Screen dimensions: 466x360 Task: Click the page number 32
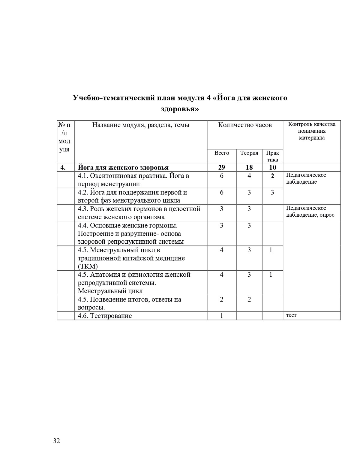click(x=56, y=441)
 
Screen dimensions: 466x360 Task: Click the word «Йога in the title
click(x=224, y=98)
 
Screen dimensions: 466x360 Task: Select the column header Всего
click(x=222, y=153)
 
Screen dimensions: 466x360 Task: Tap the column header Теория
click(x=249, y=153)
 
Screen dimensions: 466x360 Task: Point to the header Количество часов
click(x=245, y=125)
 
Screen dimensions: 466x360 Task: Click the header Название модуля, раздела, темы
click(x=141, y=125)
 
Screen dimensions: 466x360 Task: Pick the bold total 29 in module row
click(x=222, y=167)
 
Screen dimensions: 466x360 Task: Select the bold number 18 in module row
click(x=249, y=167)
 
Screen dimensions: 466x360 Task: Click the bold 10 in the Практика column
click(x=272, y=167)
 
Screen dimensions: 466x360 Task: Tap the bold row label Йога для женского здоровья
click(x=123, y=167)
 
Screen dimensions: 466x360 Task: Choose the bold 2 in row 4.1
click(x=272, y=176)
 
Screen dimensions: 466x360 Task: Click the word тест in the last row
click(x=291, y=315)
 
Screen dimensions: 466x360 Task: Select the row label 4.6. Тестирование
click(x=105, y=316)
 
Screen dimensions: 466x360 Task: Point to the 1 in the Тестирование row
click(x=222, y=316)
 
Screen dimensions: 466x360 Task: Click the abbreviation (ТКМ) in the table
click(x=88, y=266)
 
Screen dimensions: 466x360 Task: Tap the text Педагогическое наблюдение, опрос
click(x=310, y=212)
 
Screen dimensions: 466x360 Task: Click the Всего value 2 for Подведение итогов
click(x=222, y=299)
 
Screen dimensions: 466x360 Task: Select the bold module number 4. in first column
click(x=63, y=167)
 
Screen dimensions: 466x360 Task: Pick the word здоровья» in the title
click(x=180, y=109)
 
